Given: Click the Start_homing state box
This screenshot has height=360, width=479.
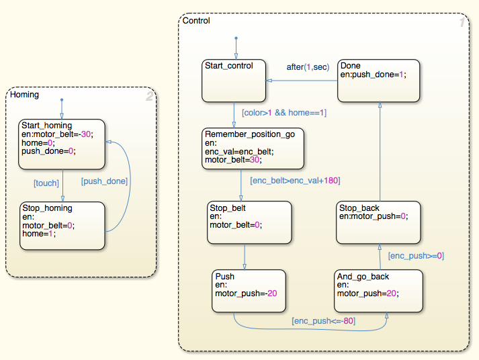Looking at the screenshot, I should [61, 144].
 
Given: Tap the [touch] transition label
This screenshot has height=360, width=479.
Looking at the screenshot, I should [46, 183].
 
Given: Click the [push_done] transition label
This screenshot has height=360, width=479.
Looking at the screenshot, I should [104, 181].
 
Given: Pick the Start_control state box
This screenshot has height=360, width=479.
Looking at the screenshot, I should [234, 81].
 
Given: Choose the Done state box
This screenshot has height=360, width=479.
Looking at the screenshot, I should [378, 81].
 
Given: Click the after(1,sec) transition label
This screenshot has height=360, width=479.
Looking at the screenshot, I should [308, 66].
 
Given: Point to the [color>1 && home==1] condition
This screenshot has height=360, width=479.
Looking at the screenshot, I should [284, 113].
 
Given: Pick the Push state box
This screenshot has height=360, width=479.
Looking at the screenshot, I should [247, 291].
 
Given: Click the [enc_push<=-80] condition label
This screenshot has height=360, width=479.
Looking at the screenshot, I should [323, 321].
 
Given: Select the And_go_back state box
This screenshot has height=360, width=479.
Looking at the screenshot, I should [378, 291].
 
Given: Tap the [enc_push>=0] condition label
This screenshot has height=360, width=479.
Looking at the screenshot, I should [416, 255].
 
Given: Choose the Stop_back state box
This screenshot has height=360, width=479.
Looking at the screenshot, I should [378, 222].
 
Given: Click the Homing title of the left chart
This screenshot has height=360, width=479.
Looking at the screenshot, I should [24, 95].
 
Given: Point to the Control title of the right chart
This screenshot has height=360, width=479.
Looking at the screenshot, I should [196, 21].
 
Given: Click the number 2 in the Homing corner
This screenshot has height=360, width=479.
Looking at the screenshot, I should [149, 97].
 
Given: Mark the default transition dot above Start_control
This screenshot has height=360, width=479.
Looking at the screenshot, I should [236, 38].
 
